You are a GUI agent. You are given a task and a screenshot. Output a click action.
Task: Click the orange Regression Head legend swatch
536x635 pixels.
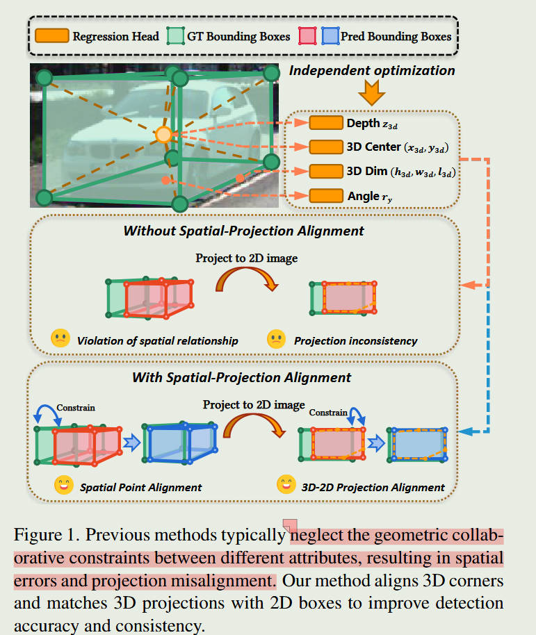pyautogui.click(x=51, y=35)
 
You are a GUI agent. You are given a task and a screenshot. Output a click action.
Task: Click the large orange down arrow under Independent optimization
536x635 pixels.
pyautogui.click(x=372, y=93)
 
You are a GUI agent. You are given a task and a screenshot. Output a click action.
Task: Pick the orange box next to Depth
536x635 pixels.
pyautogui.click(x=325, y=123)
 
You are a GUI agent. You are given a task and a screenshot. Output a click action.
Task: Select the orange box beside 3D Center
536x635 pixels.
pyautogui.click(x=325, y=147)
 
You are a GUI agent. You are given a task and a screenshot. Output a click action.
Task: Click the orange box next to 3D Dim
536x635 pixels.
pyautogui.click(x=325, y=171)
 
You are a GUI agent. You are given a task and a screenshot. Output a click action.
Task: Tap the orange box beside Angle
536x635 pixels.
pyautogui.click(x=325, y=195)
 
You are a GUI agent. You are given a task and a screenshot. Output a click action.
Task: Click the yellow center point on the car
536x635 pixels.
pyautogui.click(x=163, y=135)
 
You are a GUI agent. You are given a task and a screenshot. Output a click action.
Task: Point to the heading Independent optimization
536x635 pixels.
pyautogui.click(x=372, y=70)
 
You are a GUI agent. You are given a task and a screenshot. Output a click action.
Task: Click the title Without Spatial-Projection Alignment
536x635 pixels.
pyautogui.click(x=243, y=231)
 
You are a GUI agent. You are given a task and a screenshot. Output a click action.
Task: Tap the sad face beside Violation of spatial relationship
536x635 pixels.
pyautogui.click(x=60, y=339)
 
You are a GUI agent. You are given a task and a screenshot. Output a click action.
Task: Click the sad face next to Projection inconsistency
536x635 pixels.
pyautogui.click(x=277, y=339)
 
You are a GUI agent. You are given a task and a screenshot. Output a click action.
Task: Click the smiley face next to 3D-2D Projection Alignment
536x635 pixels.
pyautogui.click(x=285, y=485)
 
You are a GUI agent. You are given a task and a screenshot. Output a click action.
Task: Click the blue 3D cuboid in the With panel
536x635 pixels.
pyautogui.click(x=181, y=442)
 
